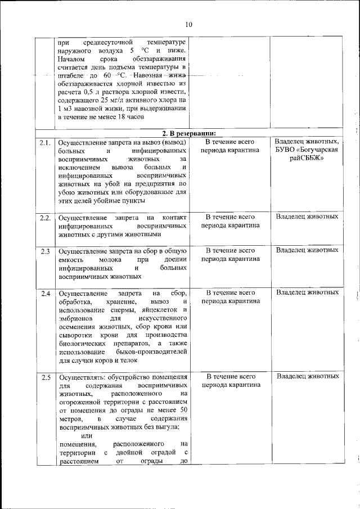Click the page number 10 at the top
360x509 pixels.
pos(188,24)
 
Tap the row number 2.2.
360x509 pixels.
pos(46,217)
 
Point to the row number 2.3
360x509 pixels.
pos(46,250)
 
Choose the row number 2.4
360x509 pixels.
pos(46,293)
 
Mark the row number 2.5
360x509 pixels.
pos(46,376)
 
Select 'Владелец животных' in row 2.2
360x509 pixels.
pos(307,217)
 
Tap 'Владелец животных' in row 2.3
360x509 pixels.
pos(307,250)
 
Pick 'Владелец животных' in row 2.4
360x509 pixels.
pos(307,292)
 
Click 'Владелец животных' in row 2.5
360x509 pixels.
pos(307,376)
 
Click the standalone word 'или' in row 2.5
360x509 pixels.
pos(87,436)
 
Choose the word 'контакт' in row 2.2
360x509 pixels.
pos(174,217)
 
